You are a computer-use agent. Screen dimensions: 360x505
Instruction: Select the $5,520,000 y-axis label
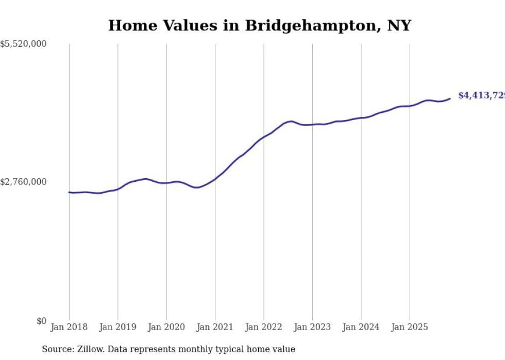point(23,44)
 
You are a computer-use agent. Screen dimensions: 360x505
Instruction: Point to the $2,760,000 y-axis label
point(23,182)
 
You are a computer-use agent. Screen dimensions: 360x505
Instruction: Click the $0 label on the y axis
point(41,321)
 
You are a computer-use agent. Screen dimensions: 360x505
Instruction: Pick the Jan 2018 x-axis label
point(69,327)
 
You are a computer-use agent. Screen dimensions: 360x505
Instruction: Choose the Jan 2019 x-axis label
point(117,327)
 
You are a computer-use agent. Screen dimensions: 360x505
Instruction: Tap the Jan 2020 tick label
point(166,327)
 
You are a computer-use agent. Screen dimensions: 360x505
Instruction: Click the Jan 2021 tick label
point(215,327)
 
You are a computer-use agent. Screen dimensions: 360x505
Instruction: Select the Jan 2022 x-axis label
point(264,327)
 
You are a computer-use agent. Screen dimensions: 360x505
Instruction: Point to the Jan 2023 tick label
point(312,327)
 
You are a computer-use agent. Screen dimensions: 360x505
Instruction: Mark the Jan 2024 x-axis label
point(361,327)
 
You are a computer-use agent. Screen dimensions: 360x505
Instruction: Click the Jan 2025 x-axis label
point(410,327)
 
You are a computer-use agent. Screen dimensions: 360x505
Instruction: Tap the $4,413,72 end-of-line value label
point(481,95)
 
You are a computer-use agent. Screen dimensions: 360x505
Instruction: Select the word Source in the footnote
point(57,349)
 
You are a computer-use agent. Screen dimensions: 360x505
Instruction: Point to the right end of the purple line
point(450,98)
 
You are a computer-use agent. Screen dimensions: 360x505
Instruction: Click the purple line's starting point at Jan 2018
point(69,192)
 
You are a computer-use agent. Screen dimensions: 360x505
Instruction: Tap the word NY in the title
point(400,25)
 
